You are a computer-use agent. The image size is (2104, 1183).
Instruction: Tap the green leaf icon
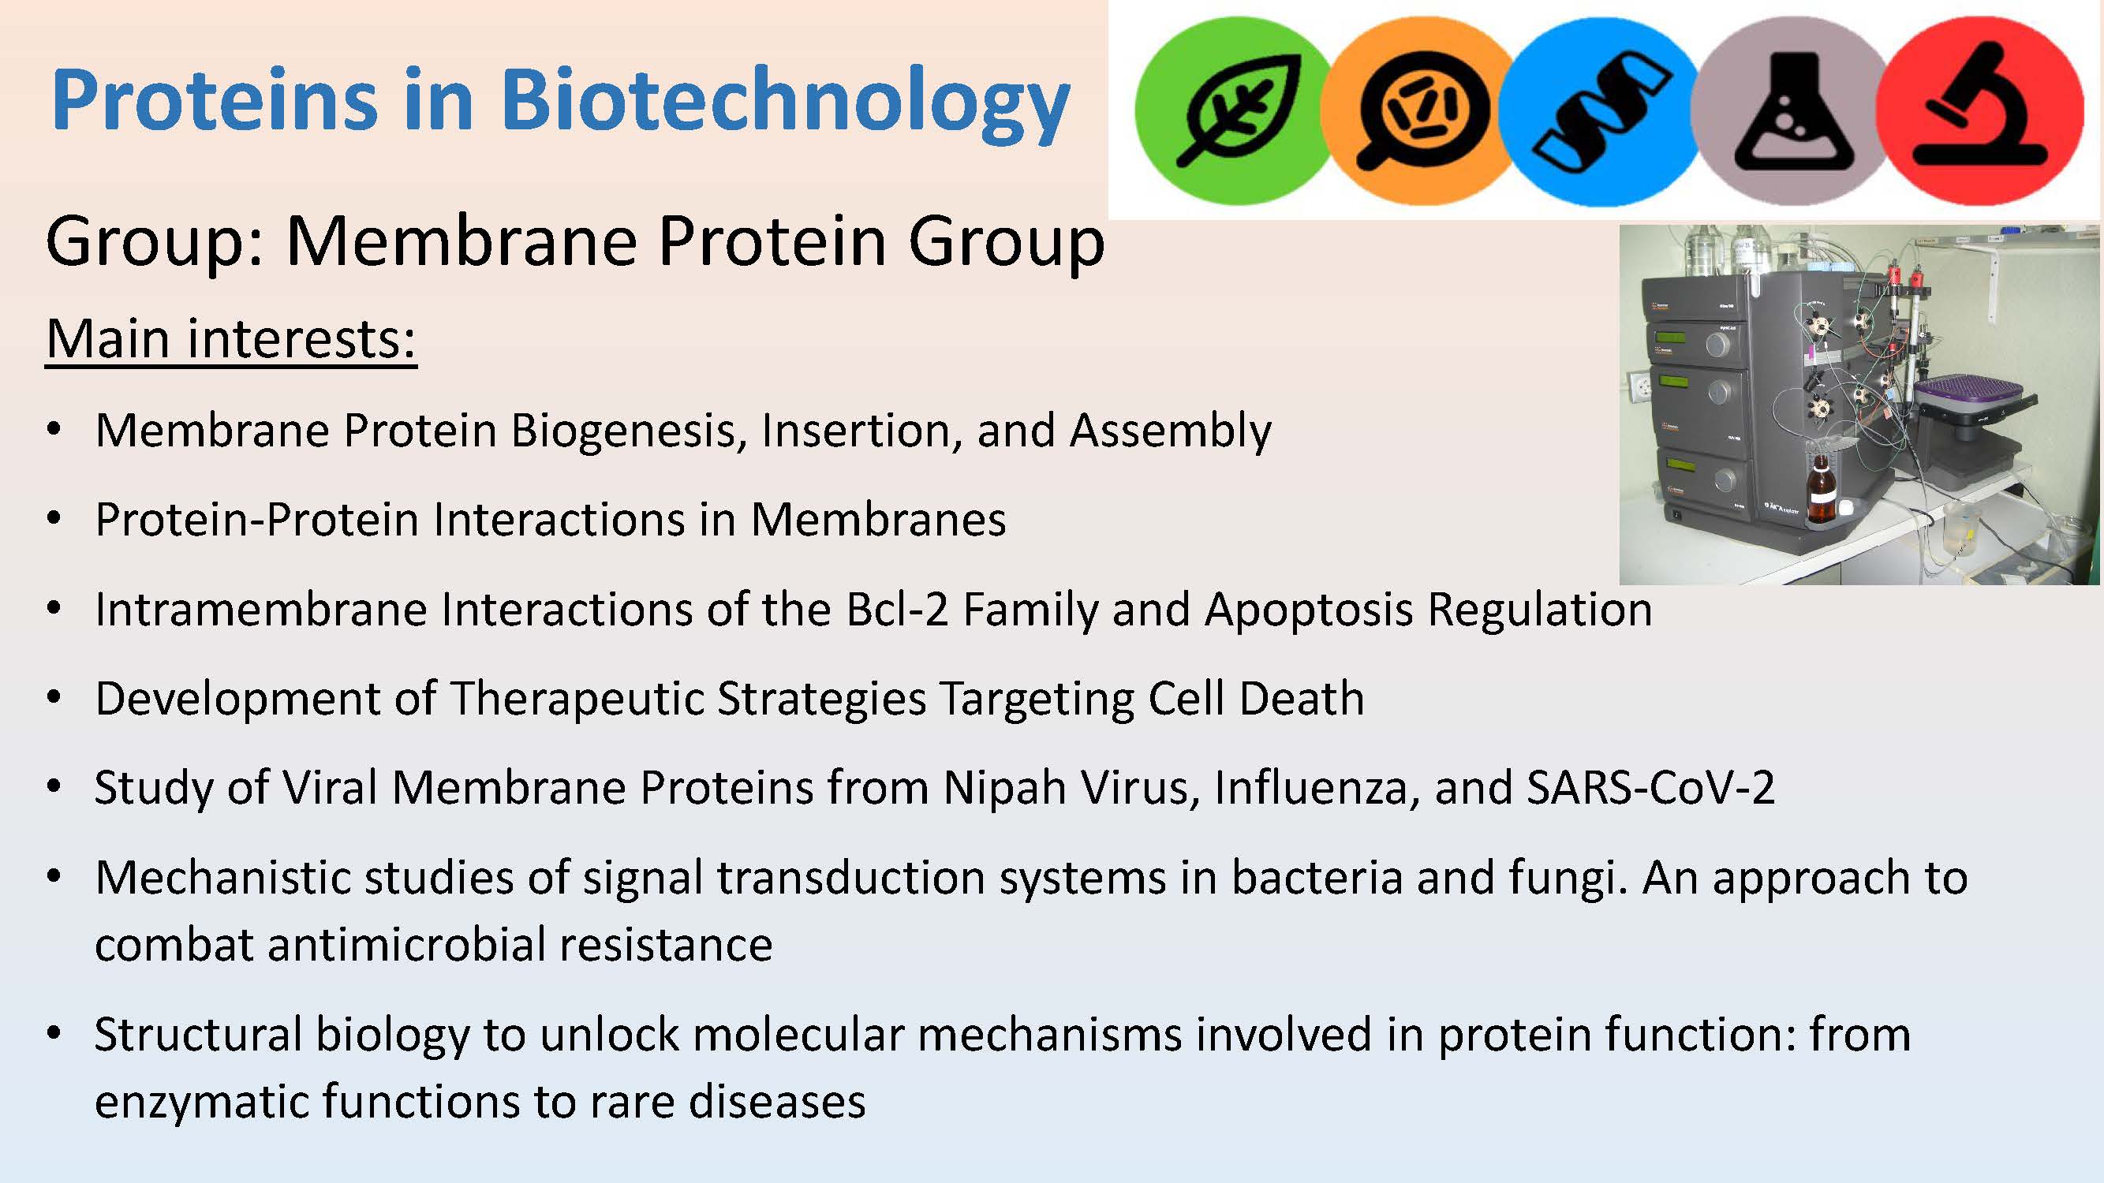tap(1229, 110)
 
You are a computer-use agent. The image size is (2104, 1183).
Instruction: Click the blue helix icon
tap(1601, 110)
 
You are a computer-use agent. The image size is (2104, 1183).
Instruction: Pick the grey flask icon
tap(1788, 110)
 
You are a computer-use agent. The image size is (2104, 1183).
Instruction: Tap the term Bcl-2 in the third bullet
tap(897, 609)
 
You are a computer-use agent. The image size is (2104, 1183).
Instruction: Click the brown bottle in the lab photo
tap(1820, 491)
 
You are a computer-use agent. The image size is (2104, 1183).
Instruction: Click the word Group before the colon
tap(147, 242)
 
